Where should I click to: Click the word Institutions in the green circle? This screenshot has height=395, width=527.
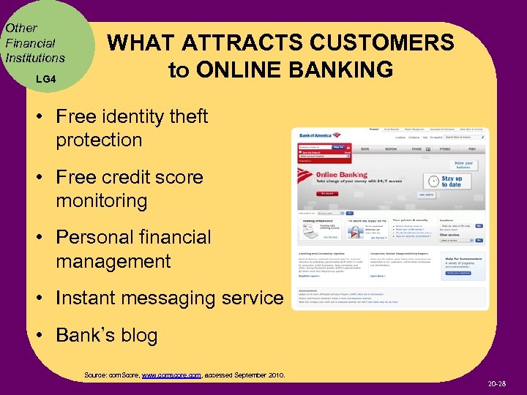pyautogui.click(x=34, y=57)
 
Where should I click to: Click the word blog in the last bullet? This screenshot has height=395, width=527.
pyautogui.click(x=140, y=336)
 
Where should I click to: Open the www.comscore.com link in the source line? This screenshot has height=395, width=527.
pyautogui.click(x=171, y=375)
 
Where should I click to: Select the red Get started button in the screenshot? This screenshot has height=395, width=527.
pyautogui.click(x=326, y=194)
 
